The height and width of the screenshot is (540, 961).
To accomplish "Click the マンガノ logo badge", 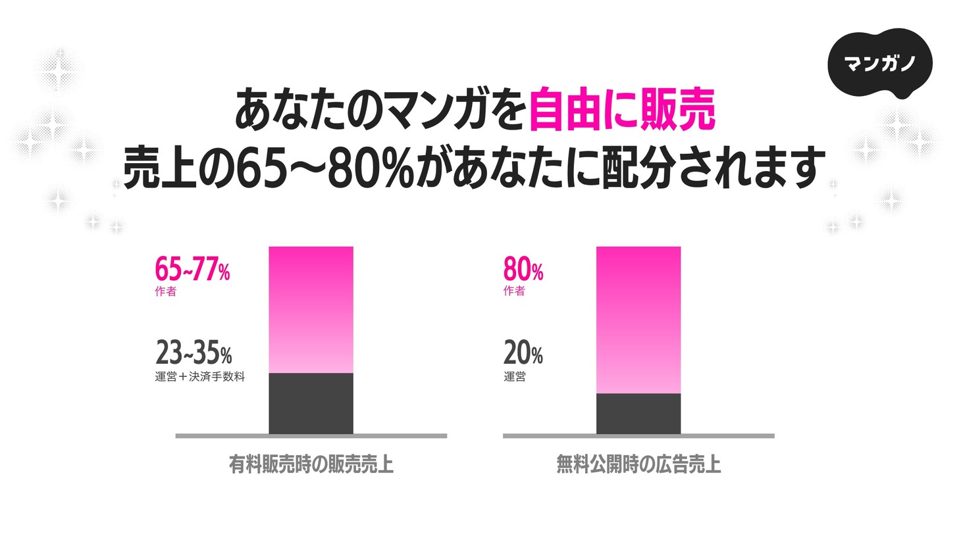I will click(879, 63).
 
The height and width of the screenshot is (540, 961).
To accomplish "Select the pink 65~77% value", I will click(192, 269).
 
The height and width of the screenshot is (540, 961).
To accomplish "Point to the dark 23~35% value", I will click(194, 353).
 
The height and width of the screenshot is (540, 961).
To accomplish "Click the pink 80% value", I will click(523, 269).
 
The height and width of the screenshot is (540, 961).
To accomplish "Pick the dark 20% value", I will click(523, 353).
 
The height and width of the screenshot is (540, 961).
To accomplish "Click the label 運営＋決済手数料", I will click(200, 377).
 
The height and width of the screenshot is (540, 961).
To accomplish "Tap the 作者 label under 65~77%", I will click(166, 291).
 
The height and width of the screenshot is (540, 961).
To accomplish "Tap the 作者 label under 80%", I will click(514, 291).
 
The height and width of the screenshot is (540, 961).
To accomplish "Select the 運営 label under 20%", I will click(515, 377).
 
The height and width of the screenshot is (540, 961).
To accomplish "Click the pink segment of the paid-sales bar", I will click(311, 309).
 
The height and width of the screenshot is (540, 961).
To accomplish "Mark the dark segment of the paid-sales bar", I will click(311, 403).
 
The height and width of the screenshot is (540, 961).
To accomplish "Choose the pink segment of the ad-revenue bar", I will click(638, 320).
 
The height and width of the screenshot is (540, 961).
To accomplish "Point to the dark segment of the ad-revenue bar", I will click(638, 414).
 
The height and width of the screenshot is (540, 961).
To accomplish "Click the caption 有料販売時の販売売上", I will click(311, 465).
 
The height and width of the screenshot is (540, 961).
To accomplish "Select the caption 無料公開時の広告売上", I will click(638, 465).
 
